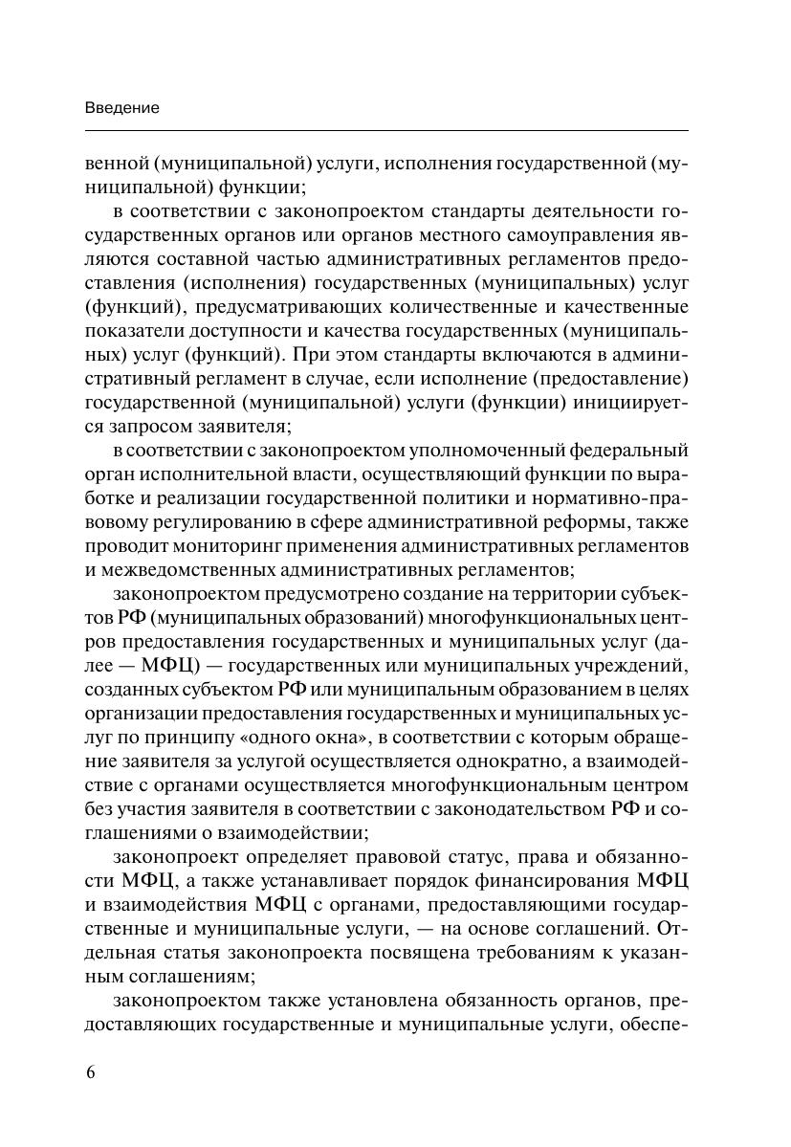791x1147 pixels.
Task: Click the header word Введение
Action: [122, 108]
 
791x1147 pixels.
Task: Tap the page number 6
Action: [91, 1071]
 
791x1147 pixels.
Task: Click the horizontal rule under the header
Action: [386, 130]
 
